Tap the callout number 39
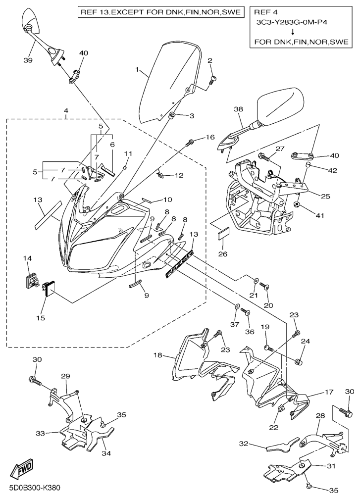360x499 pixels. click(x=28, y=60)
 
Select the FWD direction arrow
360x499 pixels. click(x=21, y=469)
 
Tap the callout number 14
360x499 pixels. click(x=27, y=258)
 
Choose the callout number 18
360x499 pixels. click(x=158, y=355)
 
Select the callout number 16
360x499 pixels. click(x=210, y=137)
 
